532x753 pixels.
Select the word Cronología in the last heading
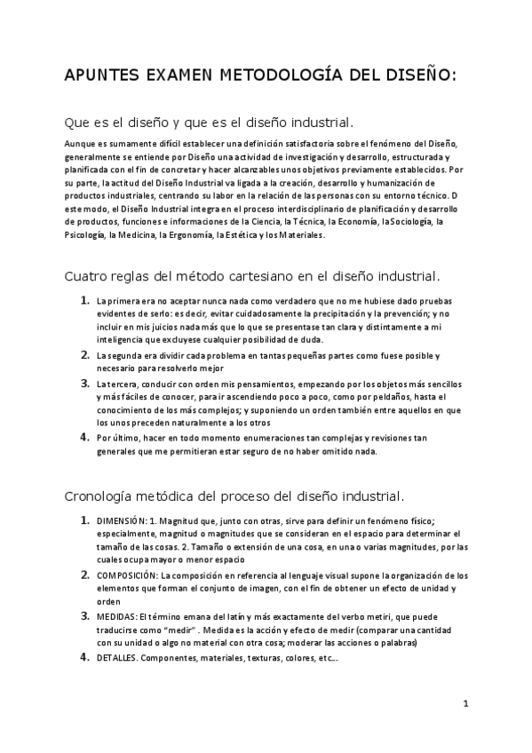point(104,495)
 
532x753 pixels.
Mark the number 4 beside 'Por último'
point(84,437)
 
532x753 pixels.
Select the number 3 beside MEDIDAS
point(84,615)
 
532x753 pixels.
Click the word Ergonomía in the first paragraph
point(187,236)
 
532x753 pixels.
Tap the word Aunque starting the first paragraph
point(81,143)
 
